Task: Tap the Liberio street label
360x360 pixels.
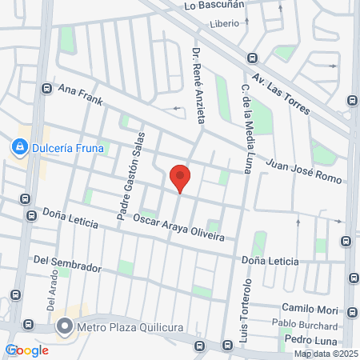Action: (224, 23)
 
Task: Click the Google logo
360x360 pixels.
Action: (26, 350)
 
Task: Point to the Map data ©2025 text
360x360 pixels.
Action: (324, 354)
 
